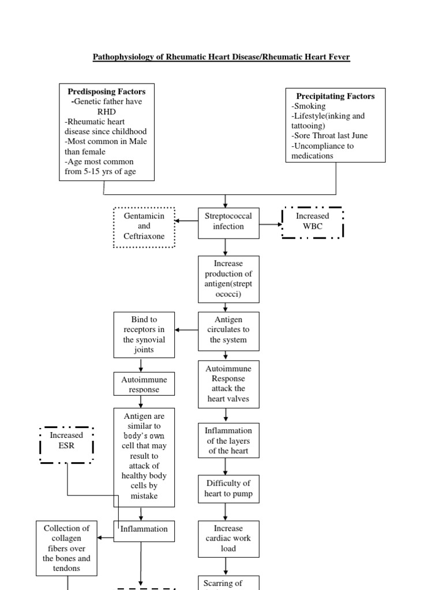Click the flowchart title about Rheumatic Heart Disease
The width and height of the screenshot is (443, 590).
coord(221,58)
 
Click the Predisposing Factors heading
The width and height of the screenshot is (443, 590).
coord(107,92)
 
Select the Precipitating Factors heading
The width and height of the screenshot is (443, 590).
coord(335,96)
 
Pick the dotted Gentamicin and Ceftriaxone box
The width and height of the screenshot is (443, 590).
coord(144,226)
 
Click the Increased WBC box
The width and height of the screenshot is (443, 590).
coord(312,222)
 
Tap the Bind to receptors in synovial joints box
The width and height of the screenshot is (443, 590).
coord(141,334)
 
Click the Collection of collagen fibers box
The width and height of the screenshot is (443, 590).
coord(66,548)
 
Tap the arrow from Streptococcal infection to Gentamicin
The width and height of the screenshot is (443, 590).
coord(186,221)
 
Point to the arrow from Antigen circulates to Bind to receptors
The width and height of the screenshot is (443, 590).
coord(186,330)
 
